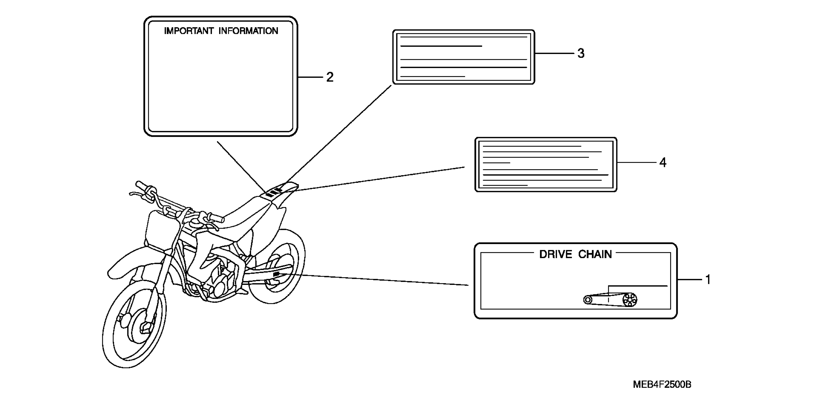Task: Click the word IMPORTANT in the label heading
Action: (189, 31)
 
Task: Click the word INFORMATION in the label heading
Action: (248, 31)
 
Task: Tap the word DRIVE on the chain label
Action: (555, 255)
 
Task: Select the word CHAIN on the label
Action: (595, 255)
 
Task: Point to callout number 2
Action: (330, 77)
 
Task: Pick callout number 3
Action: (581, 53)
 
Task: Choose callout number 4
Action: (663, 163)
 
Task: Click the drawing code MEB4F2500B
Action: (662, 384)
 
